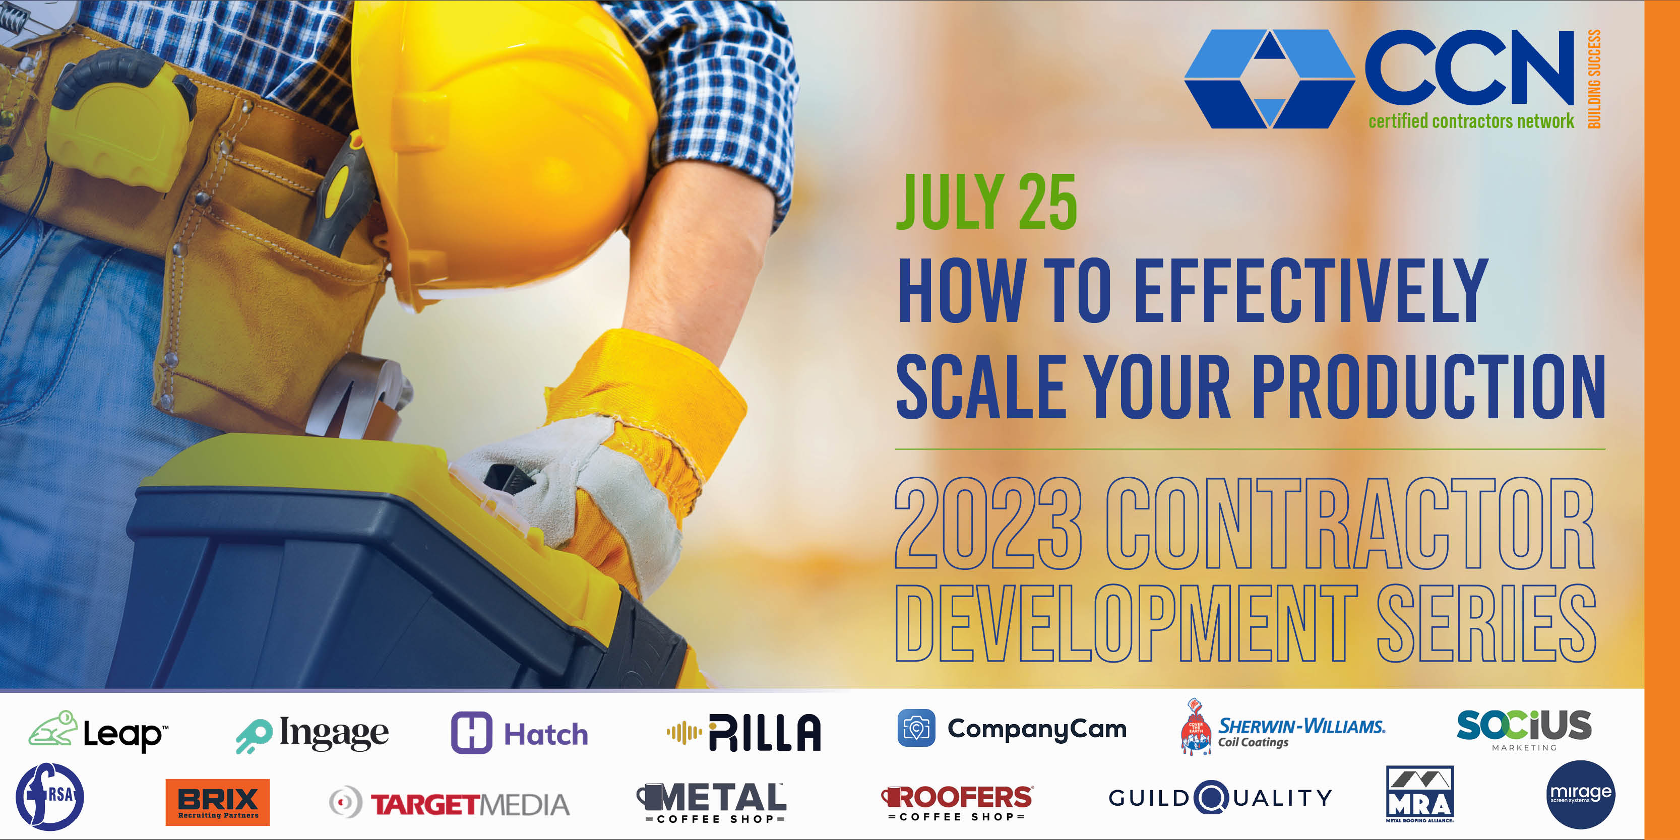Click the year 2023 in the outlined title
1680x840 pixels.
988,524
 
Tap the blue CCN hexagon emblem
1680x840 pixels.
1269,78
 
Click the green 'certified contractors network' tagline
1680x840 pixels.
1471,121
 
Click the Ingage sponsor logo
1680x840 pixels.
312,734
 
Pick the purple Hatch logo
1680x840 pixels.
520,733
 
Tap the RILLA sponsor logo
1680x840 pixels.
743,732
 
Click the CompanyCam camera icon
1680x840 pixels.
916,728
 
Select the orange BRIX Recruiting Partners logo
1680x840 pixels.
217,802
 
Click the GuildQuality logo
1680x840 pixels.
1220,798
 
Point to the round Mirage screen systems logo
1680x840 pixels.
1580,794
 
